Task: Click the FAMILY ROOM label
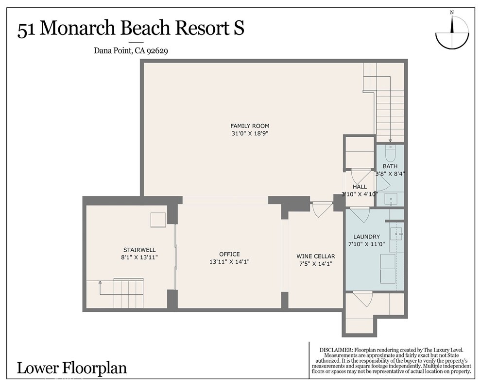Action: tap(250, 126)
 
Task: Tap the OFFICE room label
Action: tap(229, 254)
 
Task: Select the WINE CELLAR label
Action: tap(316, 256)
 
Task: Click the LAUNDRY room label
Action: tap(367, 237)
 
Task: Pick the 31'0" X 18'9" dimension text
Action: tap(250, 134)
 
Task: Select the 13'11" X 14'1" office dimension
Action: tap(229, 262)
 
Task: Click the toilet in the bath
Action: tap(390, 154)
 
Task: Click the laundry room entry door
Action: tap(360, 214)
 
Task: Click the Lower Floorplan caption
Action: tap(72, 368)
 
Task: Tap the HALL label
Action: tap(360, 187)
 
